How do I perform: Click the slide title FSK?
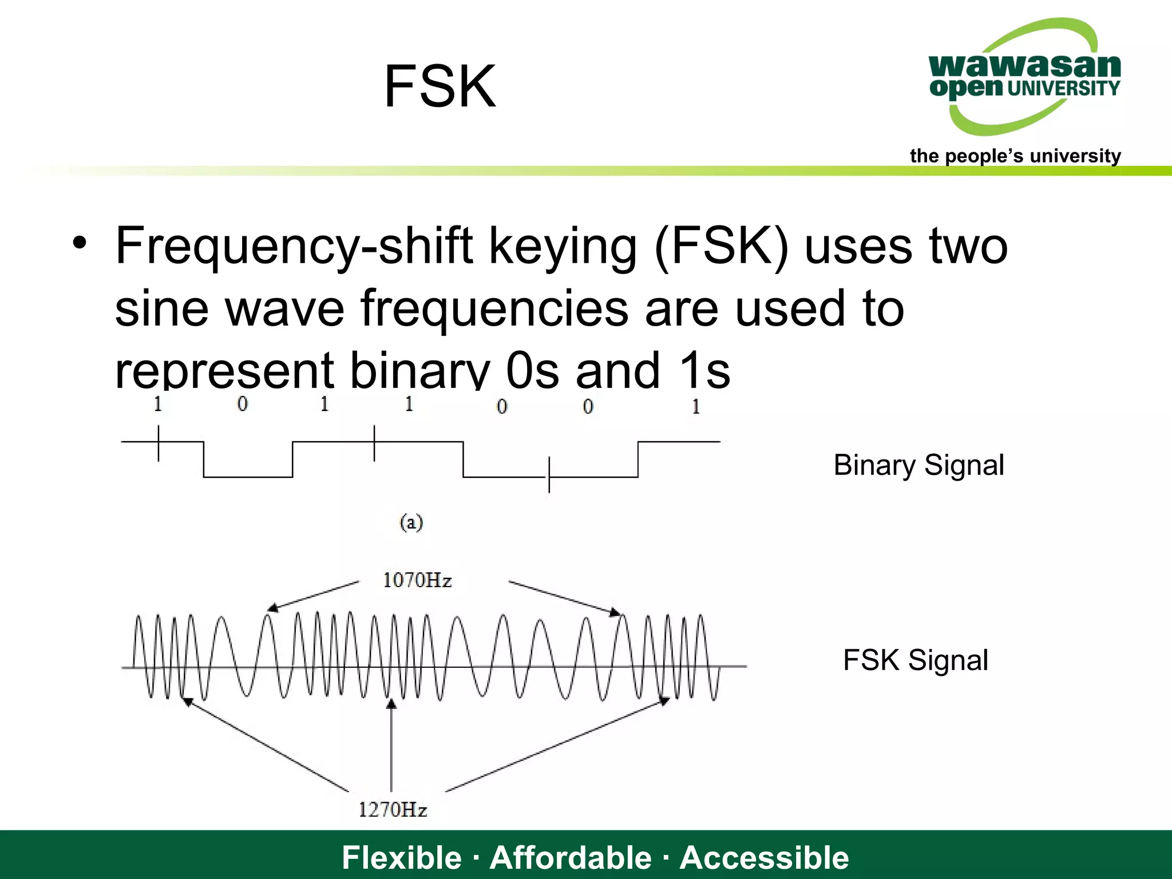point(439,87)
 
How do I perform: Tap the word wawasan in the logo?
point(1024,66)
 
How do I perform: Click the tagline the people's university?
point(1015,156)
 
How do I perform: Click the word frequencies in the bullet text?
point(494,309)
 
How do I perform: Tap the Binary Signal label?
point(918,465)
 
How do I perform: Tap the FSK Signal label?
point(915,660)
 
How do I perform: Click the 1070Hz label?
point(417,580)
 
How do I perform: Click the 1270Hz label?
point(393,810)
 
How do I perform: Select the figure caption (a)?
point(411,522)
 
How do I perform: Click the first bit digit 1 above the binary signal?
point(158,404)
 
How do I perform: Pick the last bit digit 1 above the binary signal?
point(696,406)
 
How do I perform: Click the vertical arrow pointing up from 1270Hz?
point(391,744)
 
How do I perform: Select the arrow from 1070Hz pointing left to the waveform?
point(314,596)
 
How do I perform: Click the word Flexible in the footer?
point(401,857)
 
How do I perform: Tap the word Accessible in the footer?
point(764,857)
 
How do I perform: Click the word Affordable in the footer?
point(571,857)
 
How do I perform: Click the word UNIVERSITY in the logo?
point(1063,89)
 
